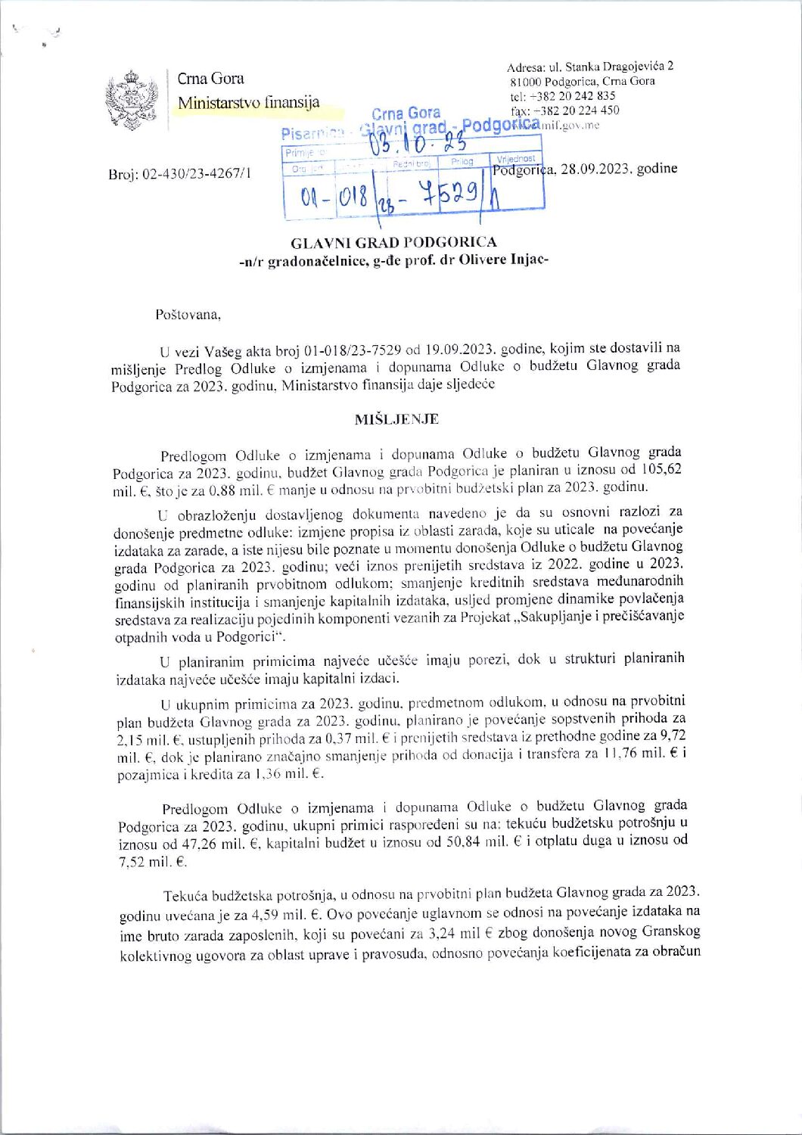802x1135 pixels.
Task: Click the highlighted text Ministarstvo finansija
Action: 248,103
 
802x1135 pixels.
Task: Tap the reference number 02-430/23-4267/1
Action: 201,174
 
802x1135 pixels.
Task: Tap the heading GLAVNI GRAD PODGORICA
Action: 393,242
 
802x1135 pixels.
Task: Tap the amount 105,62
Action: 661,469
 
